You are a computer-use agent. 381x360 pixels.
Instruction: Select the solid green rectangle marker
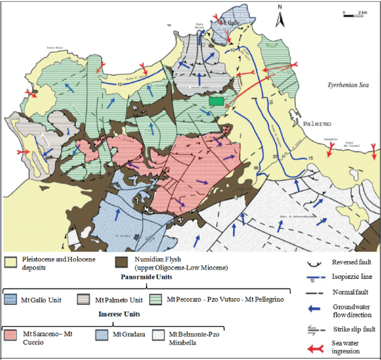217,101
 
